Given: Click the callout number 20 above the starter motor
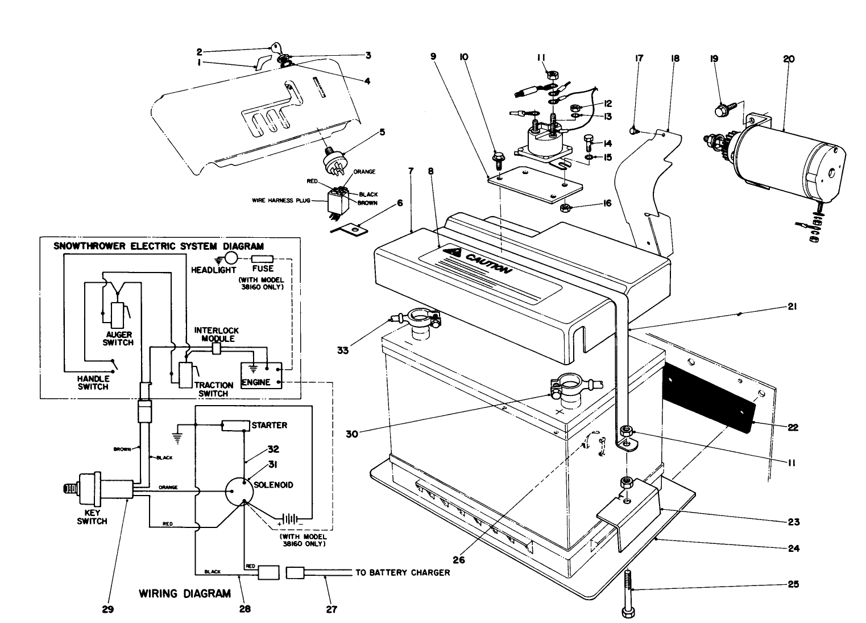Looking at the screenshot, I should click(788, 59).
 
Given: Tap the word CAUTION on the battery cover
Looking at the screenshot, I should click(488, 263).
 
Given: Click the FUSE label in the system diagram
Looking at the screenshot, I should click(263, 269).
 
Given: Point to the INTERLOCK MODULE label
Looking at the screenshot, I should click(217, 335).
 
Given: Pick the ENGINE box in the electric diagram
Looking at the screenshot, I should click(262, 376).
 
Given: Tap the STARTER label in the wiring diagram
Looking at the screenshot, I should click(269, 426).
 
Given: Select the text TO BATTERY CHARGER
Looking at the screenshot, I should click(403, 572).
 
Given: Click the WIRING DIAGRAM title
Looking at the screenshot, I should click(185, 593).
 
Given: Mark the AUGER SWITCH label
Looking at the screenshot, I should click(119, 339).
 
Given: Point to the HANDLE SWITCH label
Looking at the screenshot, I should click(93, 382).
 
